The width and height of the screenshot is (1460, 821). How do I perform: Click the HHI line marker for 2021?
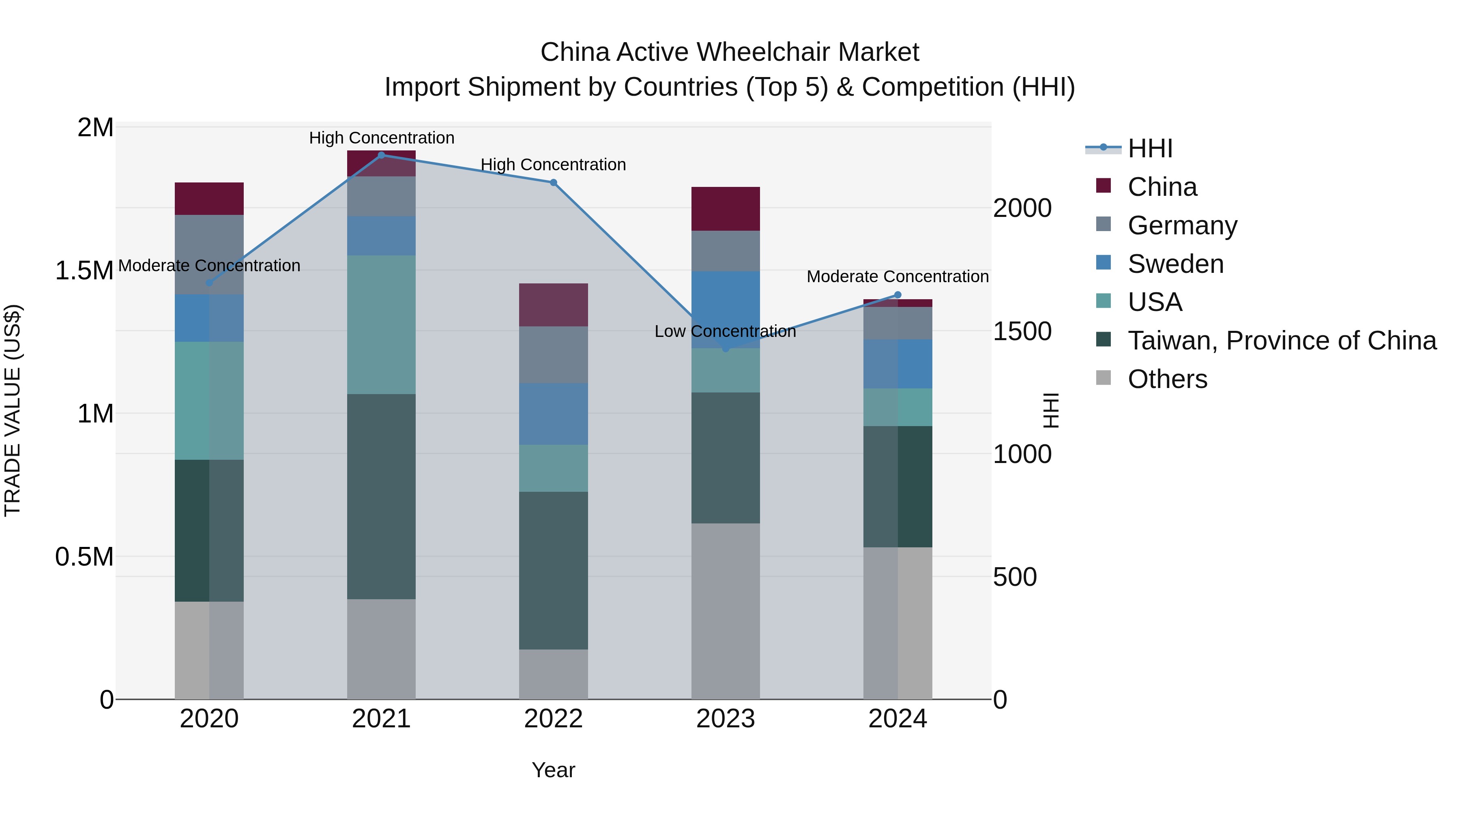(x=382, y=155)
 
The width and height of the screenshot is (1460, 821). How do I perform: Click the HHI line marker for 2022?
(x=554, y=182)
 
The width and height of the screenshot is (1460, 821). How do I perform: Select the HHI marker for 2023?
(x=726, y=348)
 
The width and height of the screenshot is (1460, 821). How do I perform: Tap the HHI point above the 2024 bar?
(x=898, y=295)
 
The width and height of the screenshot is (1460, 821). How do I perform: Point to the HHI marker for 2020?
(x=209, y=283)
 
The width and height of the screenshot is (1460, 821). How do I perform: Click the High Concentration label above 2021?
(x=382, y=138)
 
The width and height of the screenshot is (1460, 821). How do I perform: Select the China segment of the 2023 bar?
(x=726, y=208)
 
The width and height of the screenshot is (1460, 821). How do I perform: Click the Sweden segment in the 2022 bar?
(x=554, y=414)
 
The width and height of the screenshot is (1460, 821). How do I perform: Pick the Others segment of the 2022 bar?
(x=554, y=674)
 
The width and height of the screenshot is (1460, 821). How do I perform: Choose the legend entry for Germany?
(x=1182, y=225)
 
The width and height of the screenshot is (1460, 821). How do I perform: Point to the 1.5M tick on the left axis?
(x=84, y=271)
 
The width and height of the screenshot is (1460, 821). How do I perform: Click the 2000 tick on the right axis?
(x=1022, y=208)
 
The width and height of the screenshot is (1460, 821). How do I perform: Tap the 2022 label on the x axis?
(x=554, y=719)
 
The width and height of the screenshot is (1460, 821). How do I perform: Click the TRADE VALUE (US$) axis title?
(x=13, y=410)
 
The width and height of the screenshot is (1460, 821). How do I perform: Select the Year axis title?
(x=554, y=770)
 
